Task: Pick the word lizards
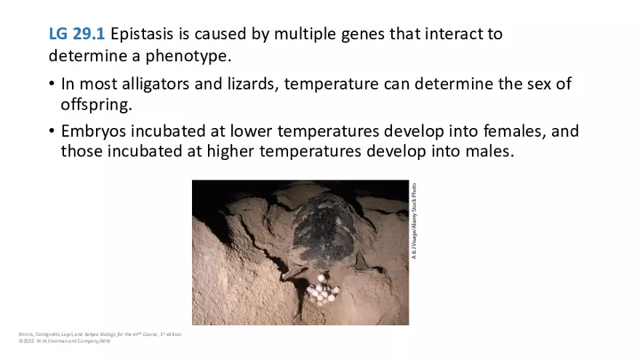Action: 247,84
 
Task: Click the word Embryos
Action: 93,132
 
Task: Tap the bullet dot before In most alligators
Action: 52,84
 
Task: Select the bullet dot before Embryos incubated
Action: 52,132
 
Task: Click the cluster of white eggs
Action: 322,293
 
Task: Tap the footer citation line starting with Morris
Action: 100,334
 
